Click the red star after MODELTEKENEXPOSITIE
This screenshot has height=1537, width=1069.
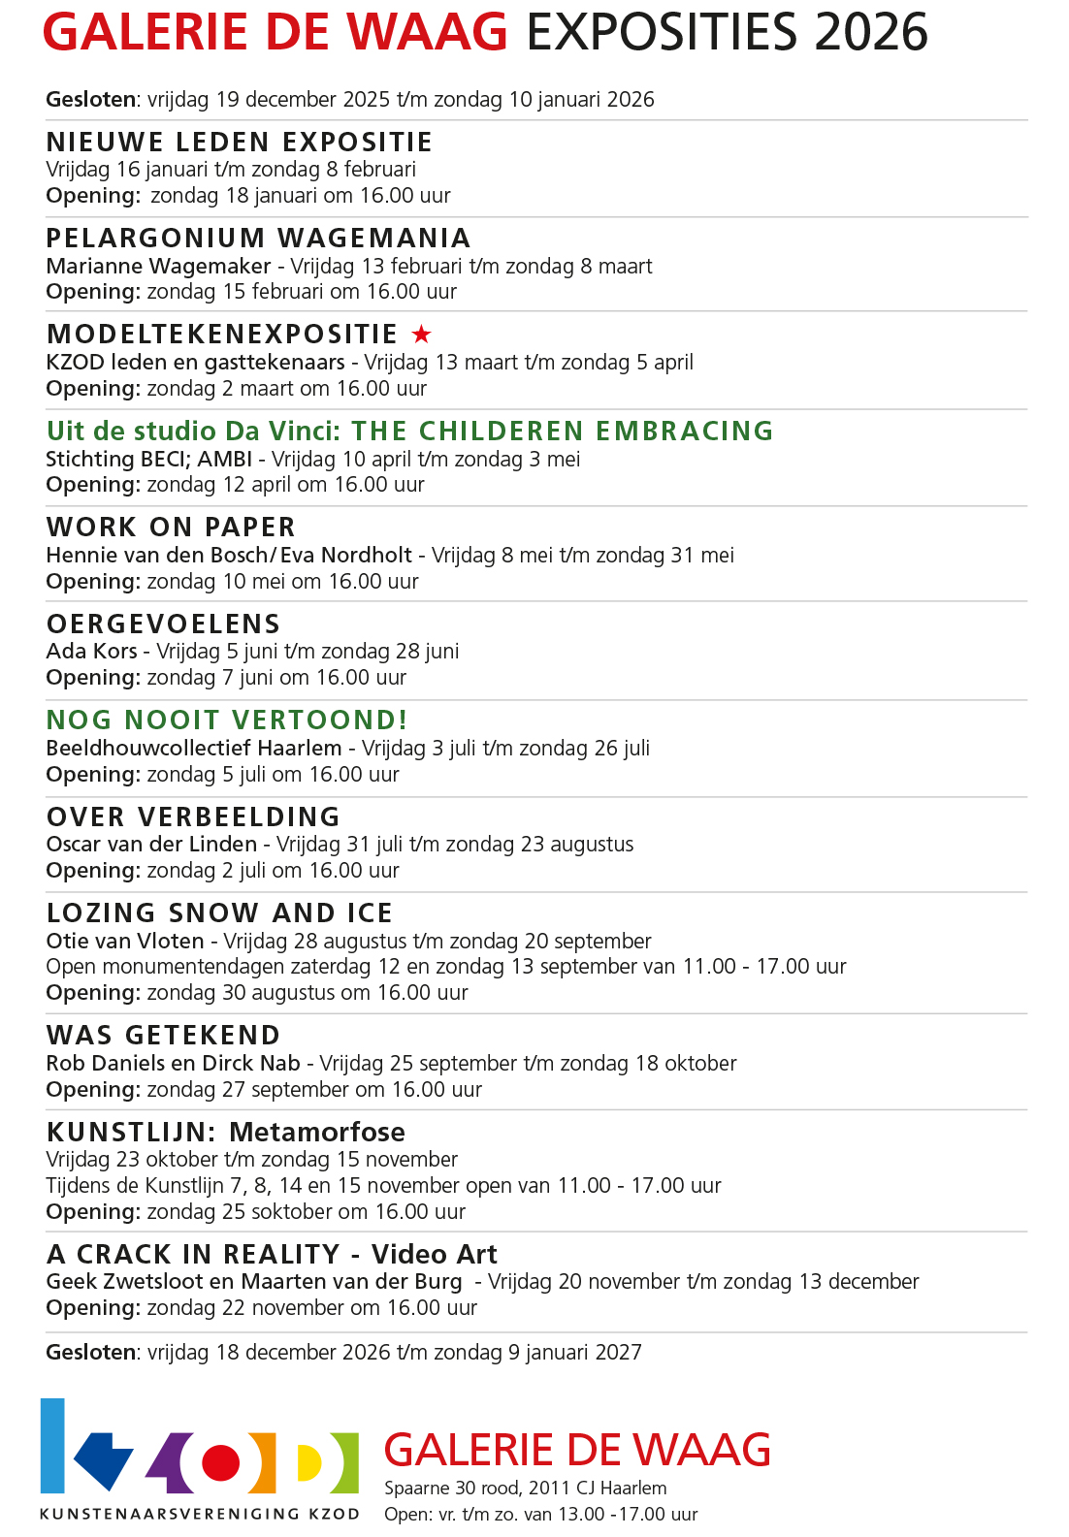(421, 335)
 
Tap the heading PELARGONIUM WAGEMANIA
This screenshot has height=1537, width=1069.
(258, 239)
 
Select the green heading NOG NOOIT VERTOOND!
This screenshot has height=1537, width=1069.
(227, 720)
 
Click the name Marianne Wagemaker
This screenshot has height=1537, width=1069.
(158, 266)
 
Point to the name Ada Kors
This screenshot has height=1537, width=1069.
(91, 652)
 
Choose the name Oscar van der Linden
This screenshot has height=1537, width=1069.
(151, 845)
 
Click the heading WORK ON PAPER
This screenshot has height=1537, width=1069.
(171, 528)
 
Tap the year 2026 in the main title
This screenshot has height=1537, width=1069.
(871, 33)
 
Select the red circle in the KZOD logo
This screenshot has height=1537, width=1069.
(220, 1461)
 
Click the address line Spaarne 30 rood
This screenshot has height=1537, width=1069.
(525, 1489)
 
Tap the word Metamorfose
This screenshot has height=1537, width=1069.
(317, 1133)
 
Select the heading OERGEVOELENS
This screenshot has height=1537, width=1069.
(163, 624)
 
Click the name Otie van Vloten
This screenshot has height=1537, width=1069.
(125, 942)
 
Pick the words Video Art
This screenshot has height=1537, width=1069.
(434, 1255)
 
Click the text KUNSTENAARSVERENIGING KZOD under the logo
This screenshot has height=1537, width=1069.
(199, 1514)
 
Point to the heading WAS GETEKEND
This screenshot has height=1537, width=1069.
(163, 1036)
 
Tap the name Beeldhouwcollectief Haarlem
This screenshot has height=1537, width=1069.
(194, 749)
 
